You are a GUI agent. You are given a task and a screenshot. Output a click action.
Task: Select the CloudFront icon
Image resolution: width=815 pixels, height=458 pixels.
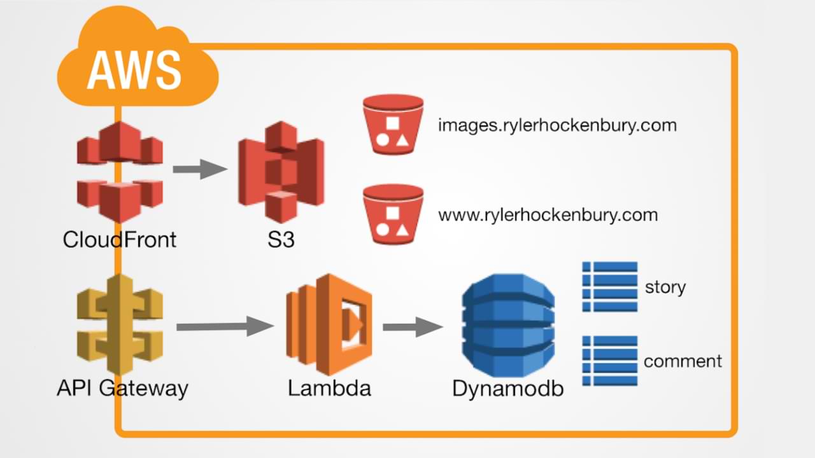[x=120, y=172]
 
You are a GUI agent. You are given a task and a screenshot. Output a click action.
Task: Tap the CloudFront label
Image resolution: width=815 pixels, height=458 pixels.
[x=120, y=240]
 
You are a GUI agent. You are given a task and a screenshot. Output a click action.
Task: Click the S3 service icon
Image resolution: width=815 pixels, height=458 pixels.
[x=281, y=172]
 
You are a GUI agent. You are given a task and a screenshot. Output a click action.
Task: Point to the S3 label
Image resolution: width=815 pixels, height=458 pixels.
[x=281, y=240]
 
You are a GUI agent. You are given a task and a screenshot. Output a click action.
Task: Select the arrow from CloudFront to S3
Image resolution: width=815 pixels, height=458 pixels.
[x=200, y=169]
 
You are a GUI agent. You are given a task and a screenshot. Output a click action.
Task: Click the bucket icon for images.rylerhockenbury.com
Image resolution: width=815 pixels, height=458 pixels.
[x=393, y=125]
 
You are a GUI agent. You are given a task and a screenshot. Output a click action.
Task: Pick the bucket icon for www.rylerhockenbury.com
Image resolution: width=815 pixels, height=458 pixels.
[x=393, y=214]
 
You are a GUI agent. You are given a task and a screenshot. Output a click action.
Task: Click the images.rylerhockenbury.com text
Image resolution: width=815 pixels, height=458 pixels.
[x=557, y=125]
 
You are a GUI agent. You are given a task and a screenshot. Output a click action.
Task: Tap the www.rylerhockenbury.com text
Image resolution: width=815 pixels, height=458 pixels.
[x=548, y=215]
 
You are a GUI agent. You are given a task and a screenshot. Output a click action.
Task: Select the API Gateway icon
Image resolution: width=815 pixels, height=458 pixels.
[x=120, y=324]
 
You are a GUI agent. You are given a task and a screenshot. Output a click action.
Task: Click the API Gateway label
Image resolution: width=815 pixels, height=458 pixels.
[x=122, y=388]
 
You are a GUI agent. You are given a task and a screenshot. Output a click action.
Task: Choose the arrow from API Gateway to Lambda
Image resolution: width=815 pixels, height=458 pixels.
[x=225, y=326]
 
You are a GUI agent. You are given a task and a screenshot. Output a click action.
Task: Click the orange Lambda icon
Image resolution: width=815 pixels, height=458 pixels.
[x=329, y=324]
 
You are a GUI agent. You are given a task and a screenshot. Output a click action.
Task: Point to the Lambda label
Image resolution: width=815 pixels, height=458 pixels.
[x=329, y=388]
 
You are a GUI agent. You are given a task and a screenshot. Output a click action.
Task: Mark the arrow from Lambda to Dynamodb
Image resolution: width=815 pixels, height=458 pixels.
[x=412, y=327]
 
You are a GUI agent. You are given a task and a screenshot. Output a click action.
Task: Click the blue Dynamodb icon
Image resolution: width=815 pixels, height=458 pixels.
[x=508, y=326]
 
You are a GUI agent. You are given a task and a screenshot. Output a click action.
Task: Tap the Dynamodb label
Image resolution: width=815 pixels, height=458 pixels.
[x=508, y=389]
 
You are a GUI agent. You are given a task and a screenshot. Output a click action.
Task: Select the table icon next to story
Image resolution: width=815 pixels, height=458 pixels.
[x=609, y=286]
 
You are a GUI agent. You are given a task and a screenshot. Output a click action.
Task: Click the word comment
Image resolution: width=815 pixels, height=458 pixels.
[x=683, y=361]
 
